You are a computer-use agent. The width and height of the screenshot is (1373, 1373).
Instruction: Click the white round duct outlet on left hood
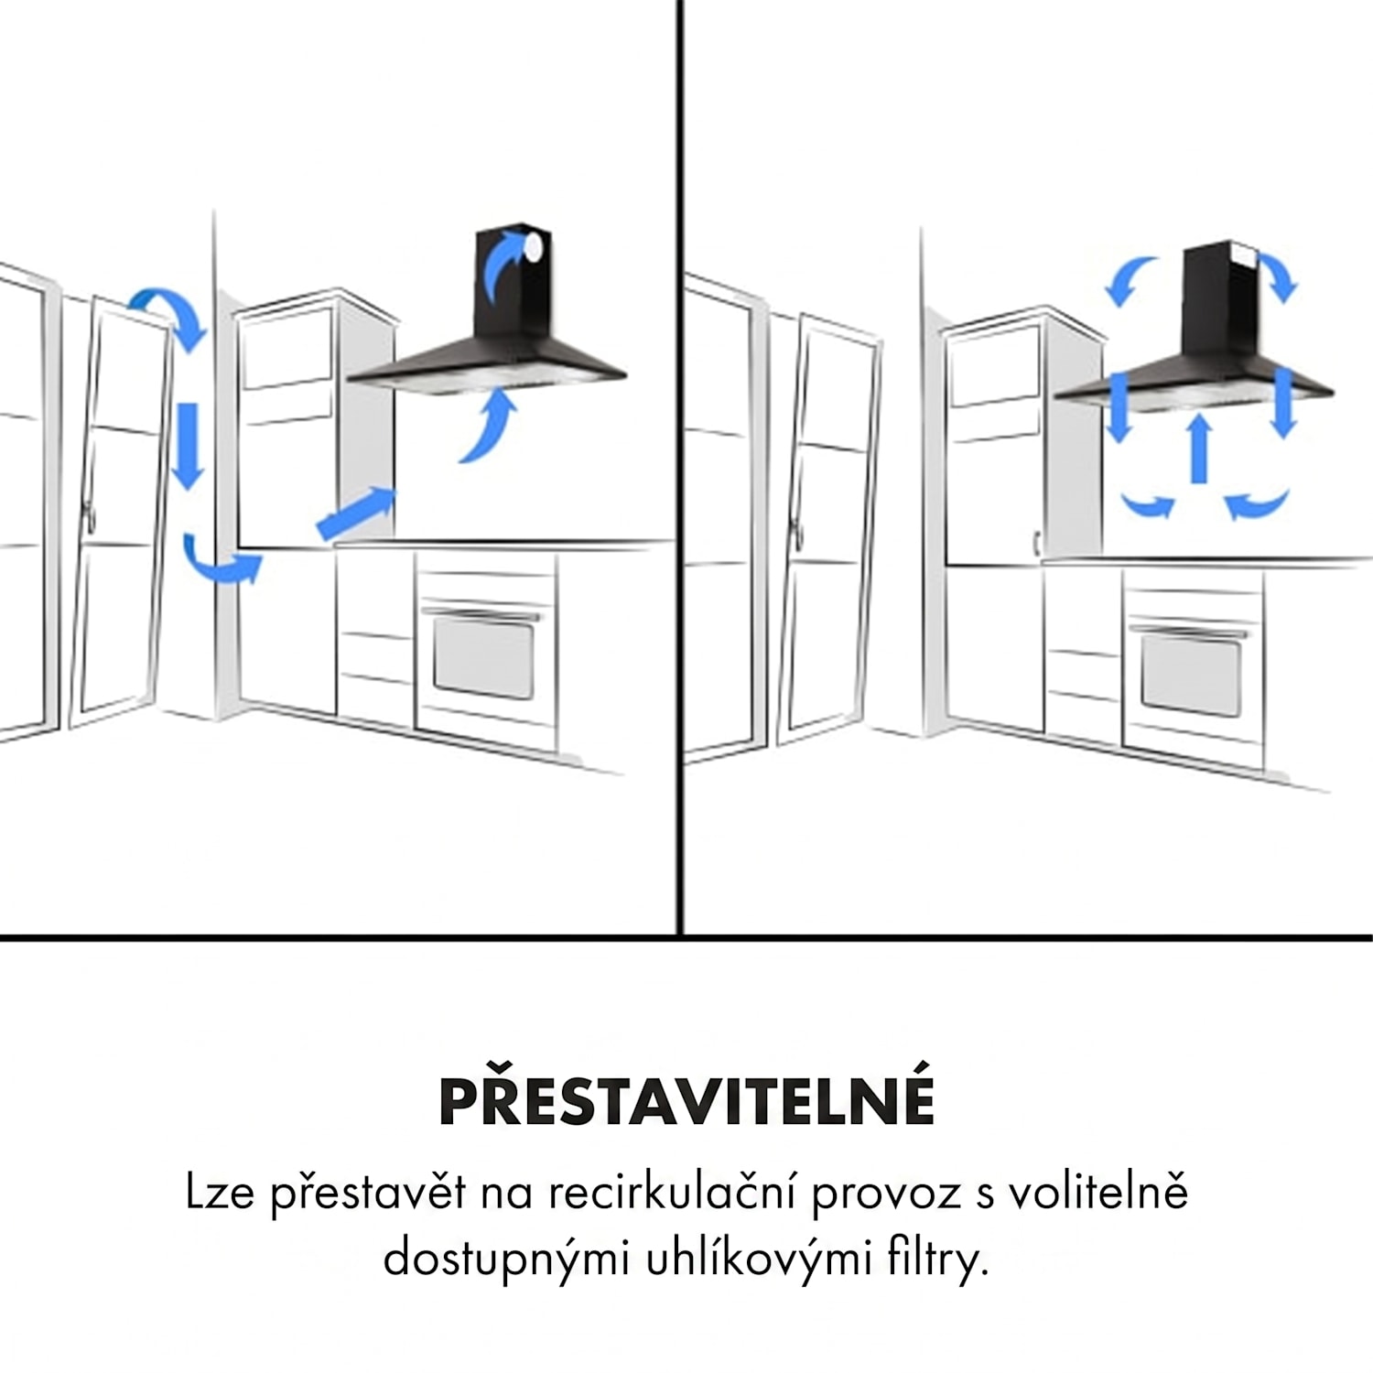coord(533,243)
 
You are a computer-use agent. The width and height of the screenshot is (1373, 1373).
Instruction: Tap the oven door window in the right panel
coord(1191,675)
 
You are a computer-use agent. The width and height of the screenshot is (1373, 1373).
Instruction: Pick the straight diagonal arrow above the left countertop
coord(356,512)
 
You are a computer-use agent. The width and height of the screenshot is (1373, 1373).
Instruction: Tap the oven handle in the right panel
coord(1187,630)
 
